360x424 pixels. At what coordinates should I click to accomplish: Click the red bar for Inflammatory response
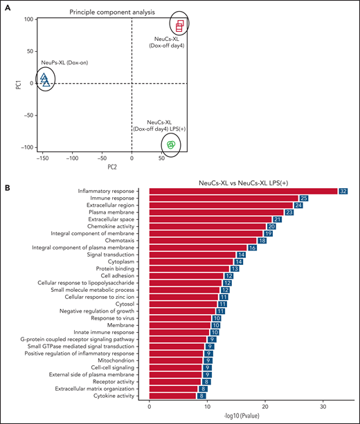tap(242, 191)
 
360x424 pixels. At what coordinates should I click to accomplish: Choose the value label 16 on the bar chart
tap(252, 247)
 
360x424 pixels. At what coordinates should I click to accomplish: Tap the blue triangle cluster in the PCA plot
tap(45, 80)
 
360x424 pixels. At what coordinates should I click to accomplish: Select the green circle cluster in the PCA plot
tap(170, 145)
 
